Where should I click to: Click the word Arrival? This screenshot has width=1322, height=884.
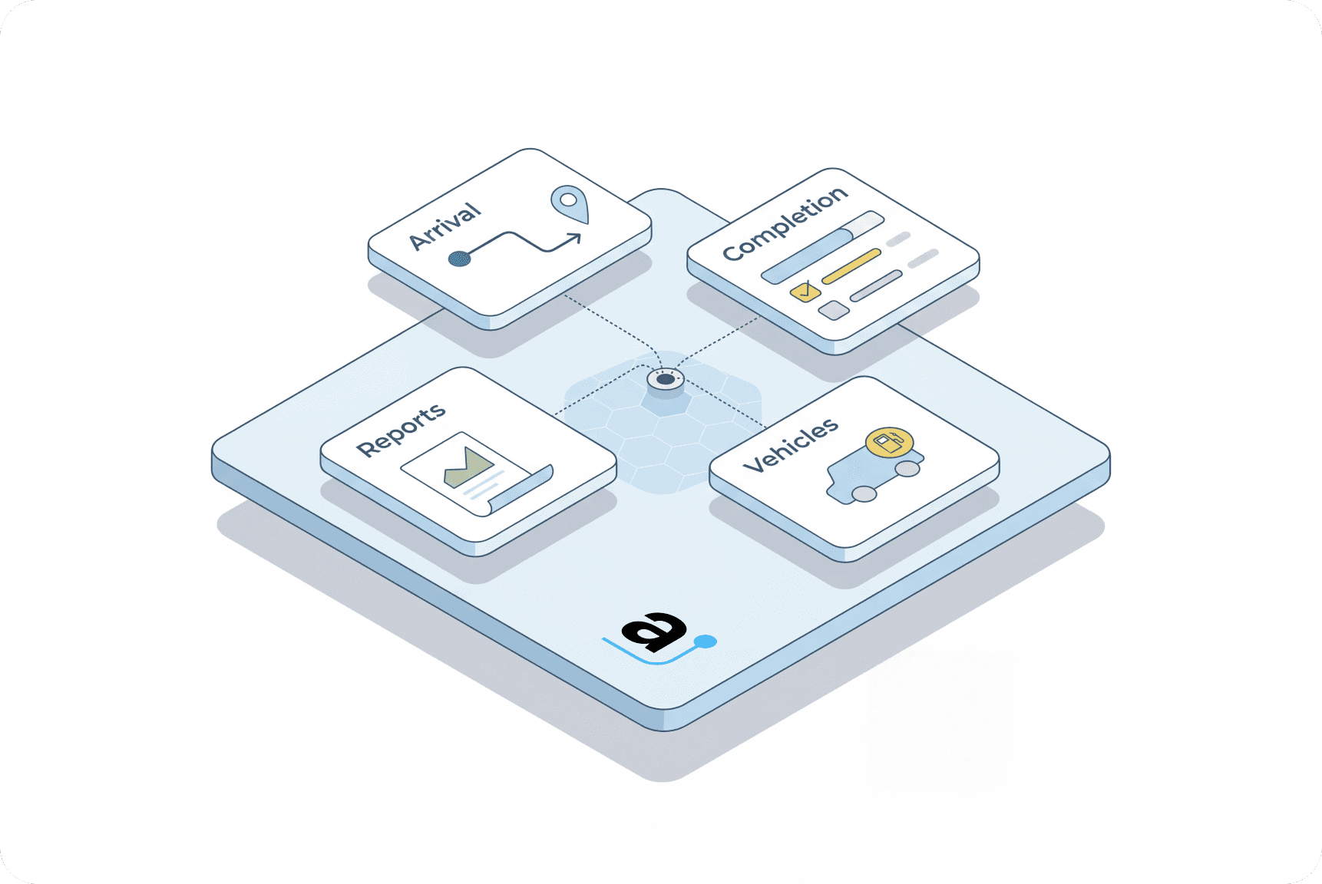point(445,227)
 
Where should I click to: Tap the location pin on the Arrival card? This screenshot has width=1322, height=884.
point(569,202)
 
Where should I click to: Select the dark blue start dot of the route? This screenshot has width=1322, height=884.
point(459,259)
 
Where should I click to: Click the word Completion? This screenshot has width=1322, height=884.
point(785,223)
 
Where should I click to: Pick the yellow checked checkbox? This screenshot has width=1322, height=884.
point(805,292)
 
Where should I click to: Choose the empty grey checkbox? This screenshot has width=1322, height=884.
point(834,310)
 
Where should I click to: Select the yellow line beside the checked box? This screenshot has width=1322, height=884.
point(851,266)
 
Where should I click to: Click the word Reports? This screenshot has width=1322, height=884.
point(401,430)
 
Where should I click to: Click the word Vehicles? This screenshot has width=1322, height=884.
point(791,445)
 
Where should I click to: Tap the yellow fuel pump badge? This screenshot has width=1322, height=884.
point(889,442)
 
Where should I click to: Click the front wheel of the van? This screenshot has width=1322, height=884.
point(864,494)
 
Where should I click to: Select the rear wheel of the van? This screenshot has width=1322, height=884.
point(908,468)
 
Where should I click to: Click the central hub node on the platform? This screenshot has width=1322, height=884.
point(666,379)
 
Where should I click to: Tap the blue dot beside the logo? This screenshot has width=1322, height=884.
point(705,642)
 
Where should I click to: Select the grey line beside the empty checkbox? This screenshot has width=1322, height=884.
point(876,286)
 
